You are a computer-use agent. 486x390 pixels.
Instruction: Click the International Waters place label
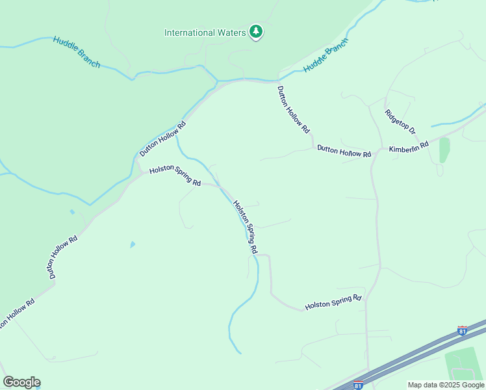point(205,32)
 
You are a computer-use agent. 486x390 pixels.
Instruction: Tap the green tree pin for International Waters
point(256,32)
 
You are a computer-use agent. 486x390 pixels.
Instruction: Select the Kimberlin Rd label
point(409,148)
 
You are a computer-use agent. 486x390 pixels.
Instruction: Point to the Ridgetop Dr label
point(400,122)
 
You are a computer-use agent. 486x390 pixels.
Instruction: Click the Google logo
point(21,382)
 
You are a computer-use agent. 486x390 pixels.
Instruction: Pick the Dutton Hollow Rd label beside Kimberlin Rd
point(344,151)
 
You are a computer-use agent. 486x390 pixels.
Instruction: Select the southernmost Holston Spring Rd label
point(333,302)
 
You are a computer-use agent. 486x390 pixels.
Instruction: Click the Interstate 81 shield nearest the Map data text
point(358,385)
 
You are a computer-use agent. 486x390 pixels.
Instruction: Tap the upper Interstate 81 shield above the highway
point(462,331)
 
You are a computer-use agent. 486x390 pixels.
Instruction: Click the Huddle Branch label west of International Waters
point(77,51)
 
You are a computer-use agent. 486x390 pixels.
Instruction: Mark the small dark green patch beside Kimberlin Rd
point(444,150)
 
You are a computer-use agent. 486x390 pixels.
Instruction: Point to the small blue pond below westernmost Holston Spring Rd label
point(133,244)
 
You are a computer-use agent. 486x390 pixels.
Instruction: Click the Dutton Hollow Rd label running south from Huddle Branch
point(294,110)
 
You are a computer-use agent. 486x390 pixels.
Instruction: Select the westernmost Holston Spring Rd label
point(175,175)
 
